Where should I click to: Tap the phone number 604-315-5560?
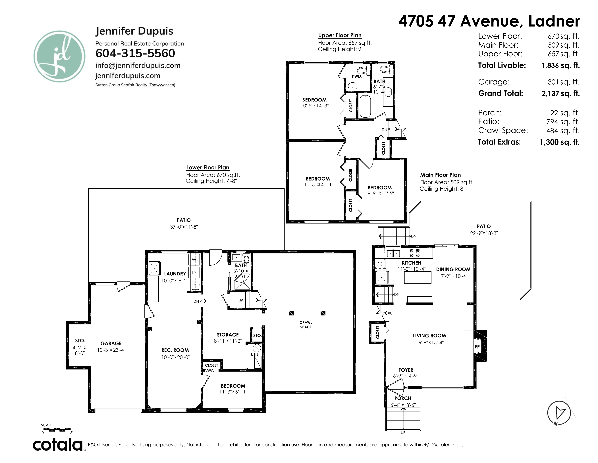point(135,53)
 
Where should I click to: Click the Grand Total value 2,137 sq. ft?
point(560,94)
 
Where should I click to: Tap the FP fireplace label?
point(477,347)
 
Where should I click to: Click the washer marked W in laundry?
point(194,259)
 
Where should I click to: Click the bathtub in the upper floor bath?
point(365,106)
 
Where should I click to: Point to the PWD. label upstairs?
point(357,76)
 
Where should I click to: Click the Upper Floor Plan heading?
point(340,35)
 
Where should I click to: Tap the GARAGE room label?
point(111,343)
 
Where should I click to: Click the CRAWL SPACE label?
point(306,325)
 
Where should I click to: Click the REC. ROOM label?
point(175,350)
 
